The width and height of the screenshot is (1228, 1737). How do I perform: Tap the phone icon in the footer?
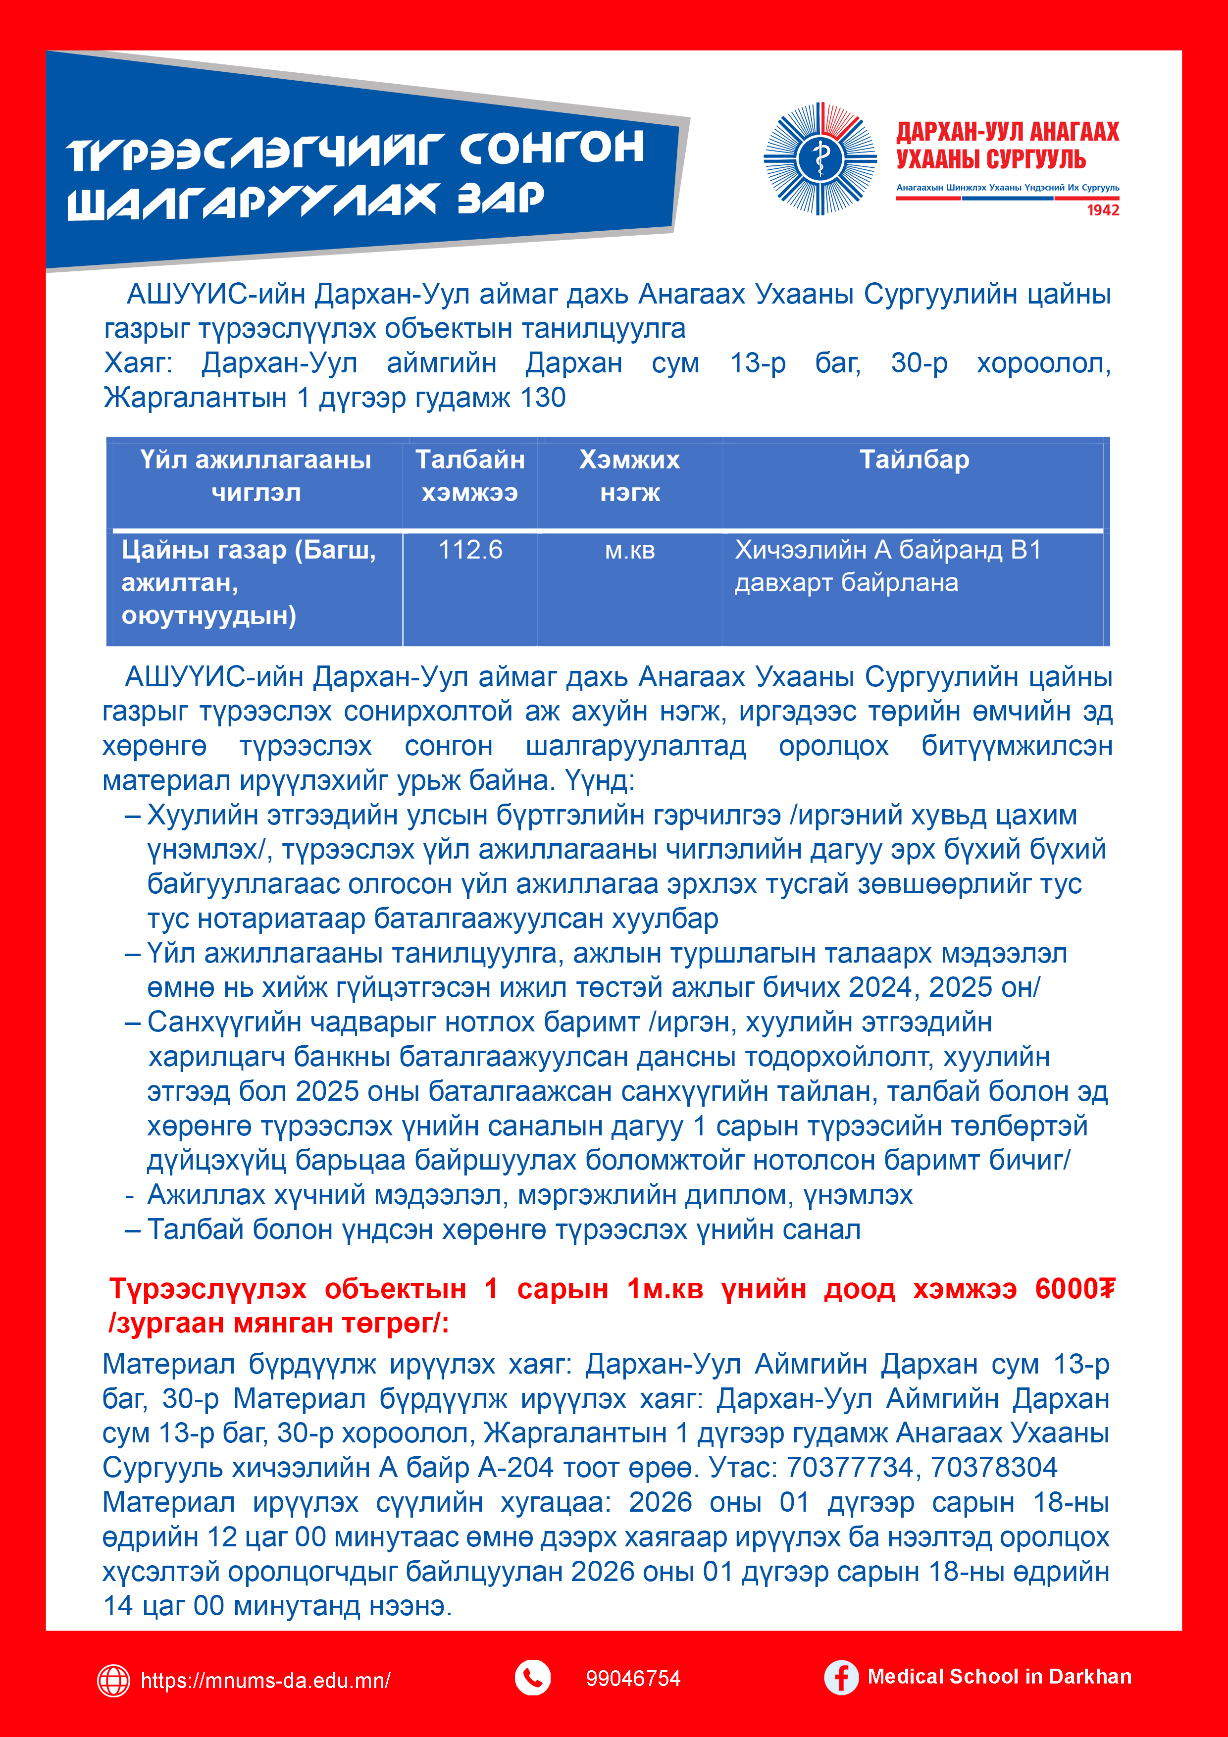[533, 1678]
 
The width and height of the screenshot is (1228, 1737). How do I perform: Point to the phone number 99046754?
[632, 1679]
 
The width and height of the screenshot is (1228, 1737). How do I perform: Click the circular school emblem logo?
[820, 159]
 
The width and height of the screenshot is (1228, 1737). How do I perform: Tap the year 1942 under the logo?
[1103, 210]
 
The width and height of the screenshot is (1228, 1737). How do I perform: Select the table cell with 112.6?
[470, 550]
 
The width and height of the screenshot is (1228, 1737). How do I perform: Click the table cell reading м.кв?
[629, 551]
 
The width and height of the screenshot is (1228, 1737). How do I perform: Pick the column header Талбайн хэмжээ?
[470, 476]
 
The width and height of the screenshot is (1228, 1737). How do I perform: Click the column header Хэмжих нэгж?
[629, 476]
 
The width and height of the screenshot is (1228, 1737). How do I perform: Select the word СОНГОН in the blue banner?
[552, 148]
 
